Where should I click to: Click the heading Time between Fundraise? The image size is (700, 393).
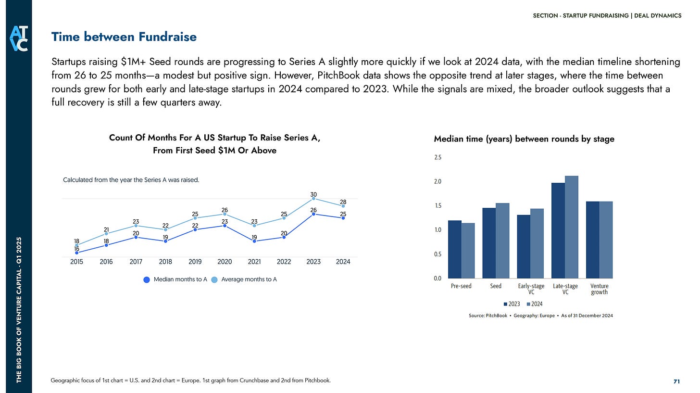tap(124, 37)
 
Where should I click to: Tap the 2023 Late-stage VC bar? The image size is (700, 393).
tap(558, 230)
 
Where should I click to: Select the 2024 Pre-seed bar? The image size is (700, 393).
tap(468, 251)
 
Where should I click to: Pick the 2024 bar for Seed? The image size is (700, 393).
tap(502, 241)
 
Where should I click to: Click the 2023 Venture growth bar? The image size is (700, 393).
tap(593, 240)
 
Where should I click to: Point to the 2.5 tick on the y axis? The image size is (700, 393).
tap(437, 157)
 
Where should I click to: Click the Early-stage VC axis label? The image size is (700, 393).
tap(531, 289)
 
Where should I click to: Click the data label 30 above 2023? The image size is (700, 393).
tap(313, 194)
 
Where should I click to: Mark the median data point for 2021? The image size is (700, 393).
tap(254, 241)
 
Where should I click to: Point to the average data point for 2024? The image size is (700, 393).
tap(343, 206)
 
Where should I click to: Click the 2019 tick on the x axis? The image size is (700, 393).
tap(195, 262)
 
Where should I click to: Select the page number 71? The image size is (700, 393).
tap(676, 381)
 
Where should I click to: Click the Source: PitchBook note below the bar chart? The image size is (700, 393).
tap(540, 316)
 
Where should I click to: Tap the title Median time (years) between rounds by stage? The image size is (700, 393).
tap(524, 139)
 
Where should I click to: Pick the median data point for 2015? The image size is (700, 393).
tap(77, 253)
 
